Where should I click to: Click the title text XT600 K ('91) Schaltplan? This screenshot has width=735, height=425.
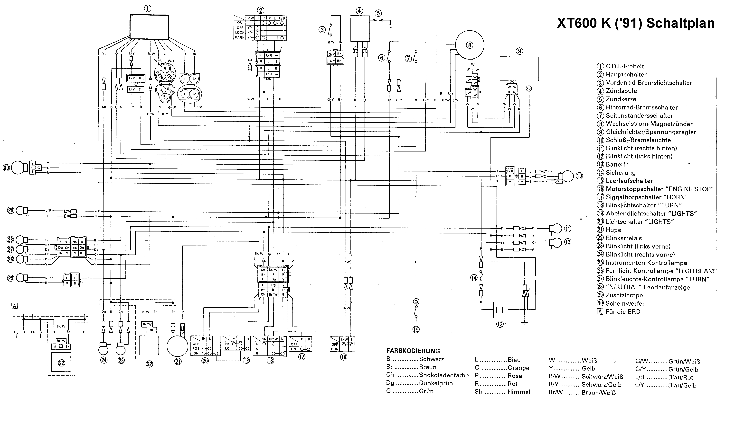[x=636, y=23]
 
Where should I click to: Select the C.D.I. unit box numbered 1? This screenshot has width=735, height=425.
[x=149, y=27]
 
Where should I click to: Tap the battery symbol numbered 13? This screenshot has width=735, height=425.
[x=500, y=310]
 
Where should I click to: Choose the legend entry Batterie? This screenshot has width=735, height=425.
[x=617, y=164]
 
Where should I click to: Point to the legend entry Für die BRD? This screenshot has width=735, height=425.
[x=623, y=312]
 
